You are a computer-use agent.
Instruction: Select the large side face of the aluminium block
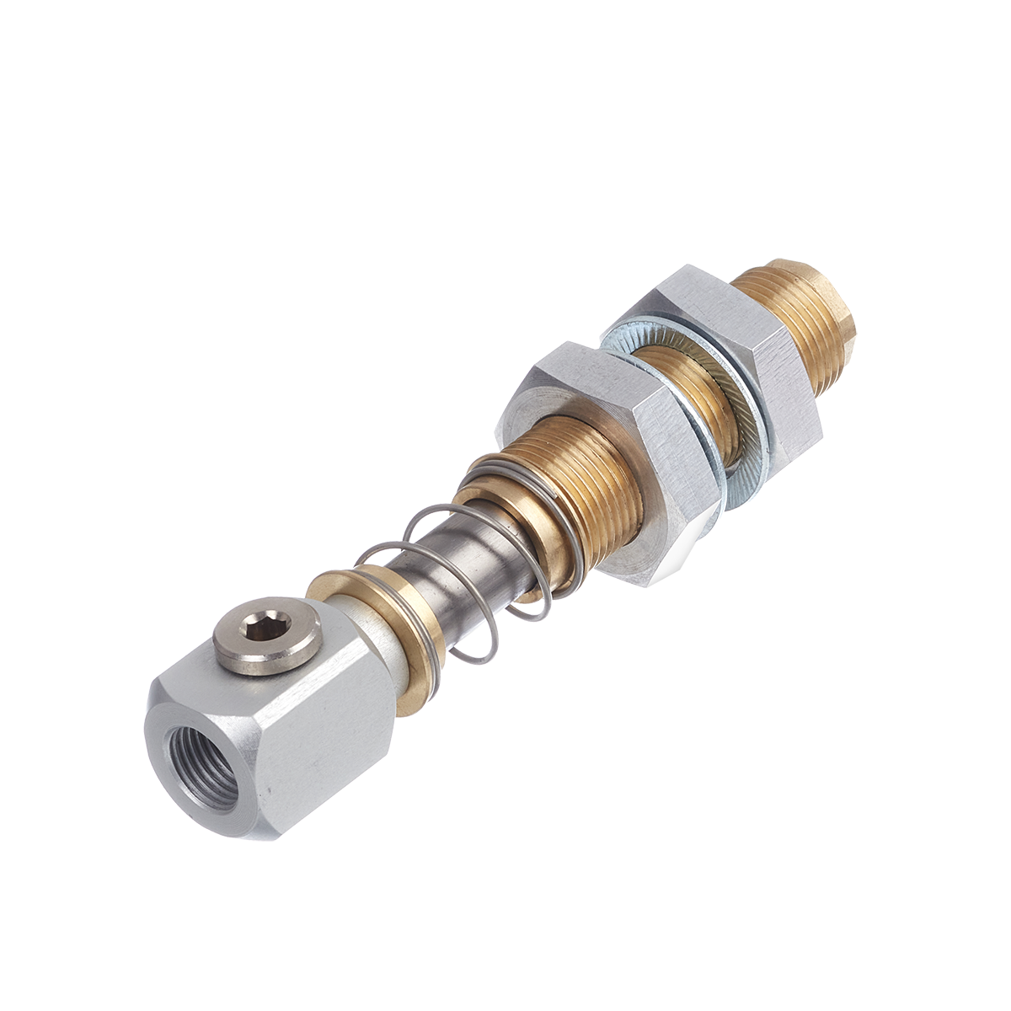(x=324, y=741)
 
